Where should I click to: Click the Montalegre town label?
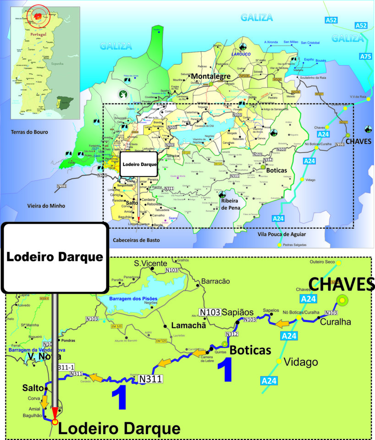coord(210,77)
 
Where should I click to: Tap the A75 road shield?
coord(365,56)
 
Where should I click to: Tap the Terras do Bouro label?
coord(30,132)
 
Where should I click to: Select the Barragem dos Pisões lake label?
coord(133,298)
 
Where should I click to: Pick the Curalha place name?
coord(336,322)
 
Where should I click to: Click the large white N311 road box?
coord(151,379)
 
